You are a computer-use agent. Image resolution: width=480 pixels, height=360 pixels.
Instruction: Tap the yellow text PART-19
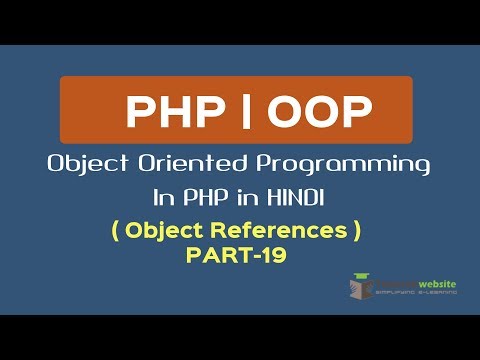236,255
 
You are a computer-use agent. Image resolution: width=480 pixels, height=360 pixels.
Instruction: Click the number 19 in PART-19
273,255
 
